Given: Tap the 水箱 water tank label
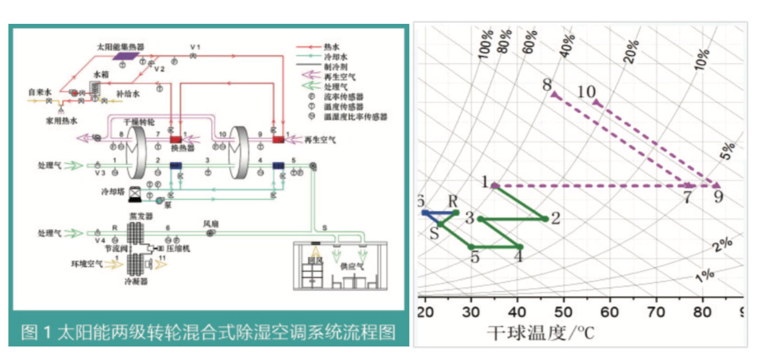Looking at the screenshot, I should point(101,74).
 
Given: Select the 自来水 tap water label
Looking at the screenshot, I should point(40,92).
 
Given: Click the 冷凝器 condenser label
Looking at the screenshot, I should point(138,281).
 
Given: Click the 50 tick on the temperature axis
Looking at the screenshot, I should point(564,312).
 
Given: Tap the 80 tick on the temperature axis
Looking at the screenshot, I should point(703,312).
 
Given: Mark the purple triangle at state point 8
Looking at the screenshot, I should point(554,95).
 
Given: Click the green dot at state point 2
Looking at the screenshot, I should point(545,218).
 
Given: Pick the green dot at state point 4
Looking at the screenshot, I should point(520,247).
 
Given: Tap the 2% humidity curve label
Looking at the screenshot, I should point(723,245).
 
